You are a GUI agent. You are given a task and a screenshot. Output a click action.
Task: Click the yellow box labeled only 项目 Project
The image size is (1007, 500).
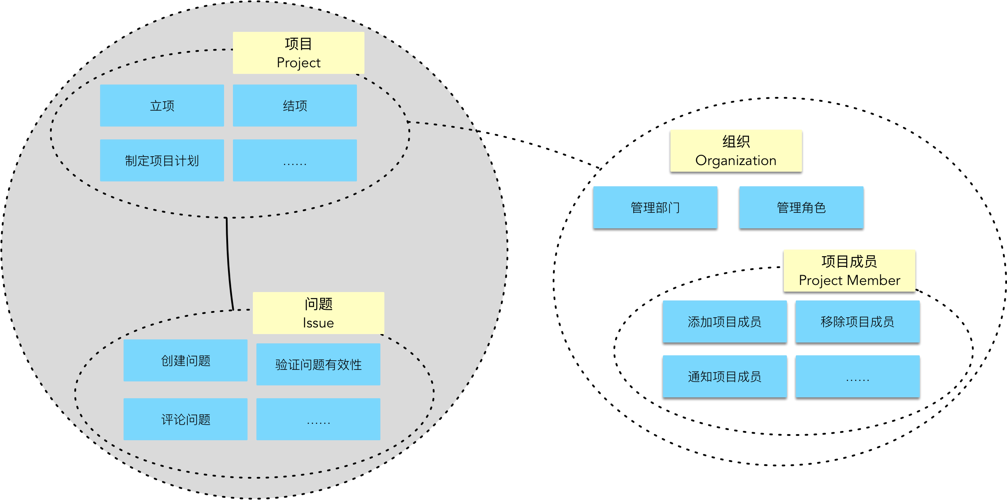click(x=298, y=53)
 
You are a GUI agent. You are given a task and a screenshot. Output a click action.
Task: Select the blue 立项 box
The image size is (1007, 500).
click(x=162, y=106)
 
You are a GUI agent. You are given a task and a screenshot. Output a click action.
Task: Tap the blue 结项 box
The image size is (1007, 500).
click(x=295, y=106)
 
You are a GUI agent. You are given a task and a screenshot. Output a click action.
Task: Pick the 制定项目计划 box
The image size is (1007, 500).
click(x=162, y=161)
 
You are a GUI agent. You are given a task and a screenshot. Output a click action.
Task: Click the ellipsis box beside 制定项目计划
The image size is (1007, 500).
click(x=295, y=161)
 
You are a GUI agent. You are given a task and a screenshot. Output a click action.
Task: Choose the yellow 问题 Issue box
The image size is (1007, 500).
click(x=318, y=313)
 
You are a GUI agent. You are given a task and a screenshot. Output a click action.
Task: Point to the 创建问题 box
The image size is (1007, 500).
click(x=186, y=361)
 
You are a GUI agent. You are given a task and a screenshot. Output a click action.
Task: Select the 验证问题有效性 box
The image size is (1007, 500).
click(x=318, y=365)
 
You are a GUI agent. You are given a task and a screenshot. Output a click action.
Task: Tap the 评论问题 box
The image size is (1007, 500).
click(x=186, y=419)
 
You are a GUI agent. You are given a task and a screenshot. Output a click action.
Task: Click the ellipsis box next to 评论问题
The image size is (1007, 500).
click(x=318, y=419)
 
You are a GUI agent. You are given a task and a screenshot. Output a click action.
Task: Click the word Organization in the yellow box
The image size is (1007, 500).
click(x=736, y=160)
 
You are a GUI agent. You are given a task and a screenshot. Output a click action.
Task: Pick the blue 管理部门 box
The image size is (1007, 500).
click(x=655, y=208)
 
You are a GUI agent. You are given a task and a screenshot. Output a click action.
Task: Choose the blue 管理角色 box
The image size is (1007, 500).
click(x=802, y=208)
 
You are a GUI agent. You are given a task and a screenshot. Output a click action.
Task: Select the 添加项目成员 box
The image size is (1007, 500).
click(x=725, y=322)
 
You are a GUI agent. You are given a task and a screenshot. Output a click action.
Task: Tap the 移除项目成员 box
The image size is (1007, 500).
click(x=858, y=322)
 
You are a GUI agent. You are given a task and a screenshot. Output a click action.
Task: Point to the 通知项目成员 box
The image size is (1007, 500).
click(x=725, y=377)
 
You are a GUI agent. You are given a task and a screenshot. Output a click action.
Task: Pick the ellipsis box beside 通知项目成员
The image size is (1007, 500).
click(x=858, y=377)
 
